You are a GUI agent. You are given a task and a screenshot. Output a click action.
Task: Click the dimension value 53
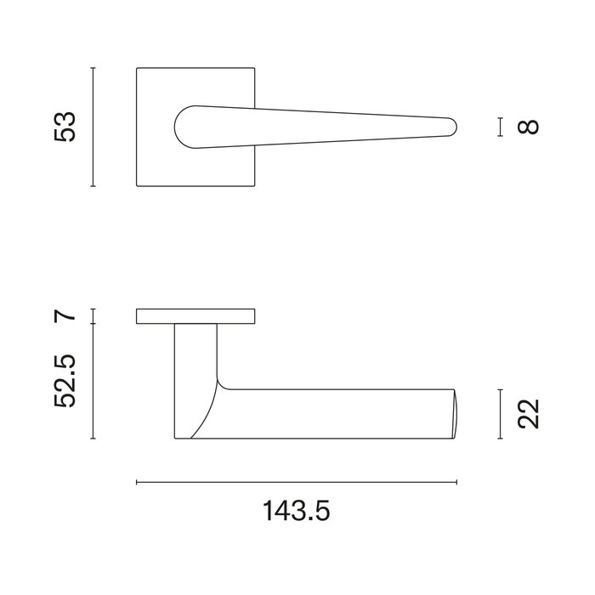tap(65, 127)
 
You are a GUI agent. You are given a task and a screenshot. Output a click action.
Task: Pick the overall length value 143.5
tap(297, 511)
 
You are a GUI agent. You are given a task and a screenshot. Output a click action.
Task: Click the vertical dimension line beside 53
tap(93, 127)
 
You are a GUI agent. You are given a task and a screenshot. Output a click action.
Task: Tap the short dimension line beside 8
tap(501, 127)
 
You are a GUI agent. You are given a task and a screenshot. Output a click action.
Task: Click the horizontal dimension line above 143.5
tap(297, 483)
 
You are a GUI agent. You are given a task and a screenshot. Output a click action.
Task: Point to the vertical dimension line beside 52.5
tap(93, 382)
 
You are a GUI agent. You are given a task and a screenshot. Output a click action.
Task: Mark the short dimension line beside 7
tap(93, 316)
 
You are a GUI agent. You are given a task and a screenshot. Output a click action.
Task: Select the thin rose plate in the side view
tap(195, 317)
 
